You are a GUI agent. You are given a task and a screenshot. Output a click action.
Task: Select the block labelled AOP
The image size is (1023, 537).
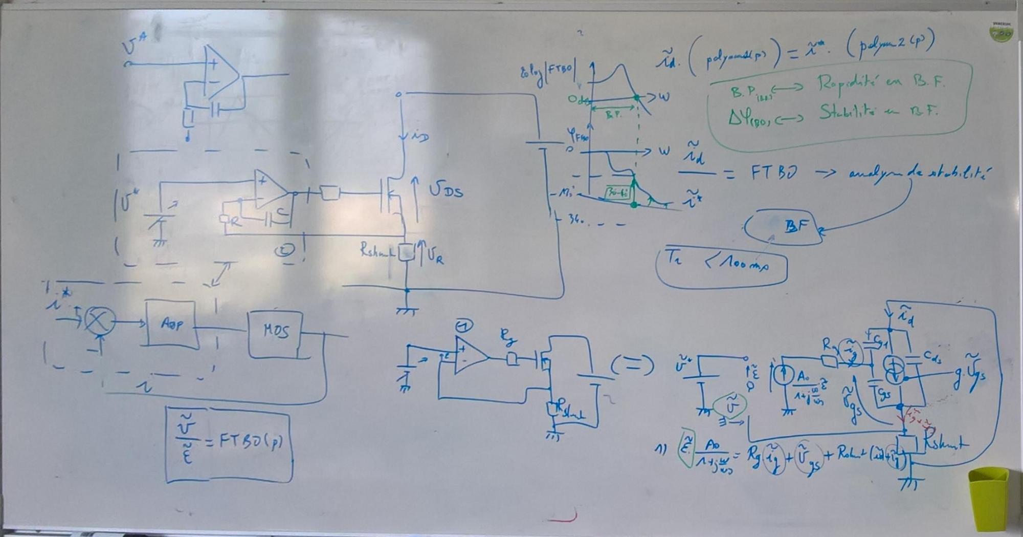tap(171, 324)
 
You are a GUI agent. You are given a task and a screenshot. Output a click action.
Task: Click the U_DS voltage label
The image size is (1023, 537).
tap(446, 191)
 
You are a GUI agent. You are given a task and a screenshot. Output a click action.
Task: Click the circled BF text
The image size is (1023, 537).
tap(795, 226)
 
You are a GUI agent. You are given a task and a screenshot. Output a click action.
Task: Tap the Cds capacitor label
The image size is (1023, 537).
tap(931, 358)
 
